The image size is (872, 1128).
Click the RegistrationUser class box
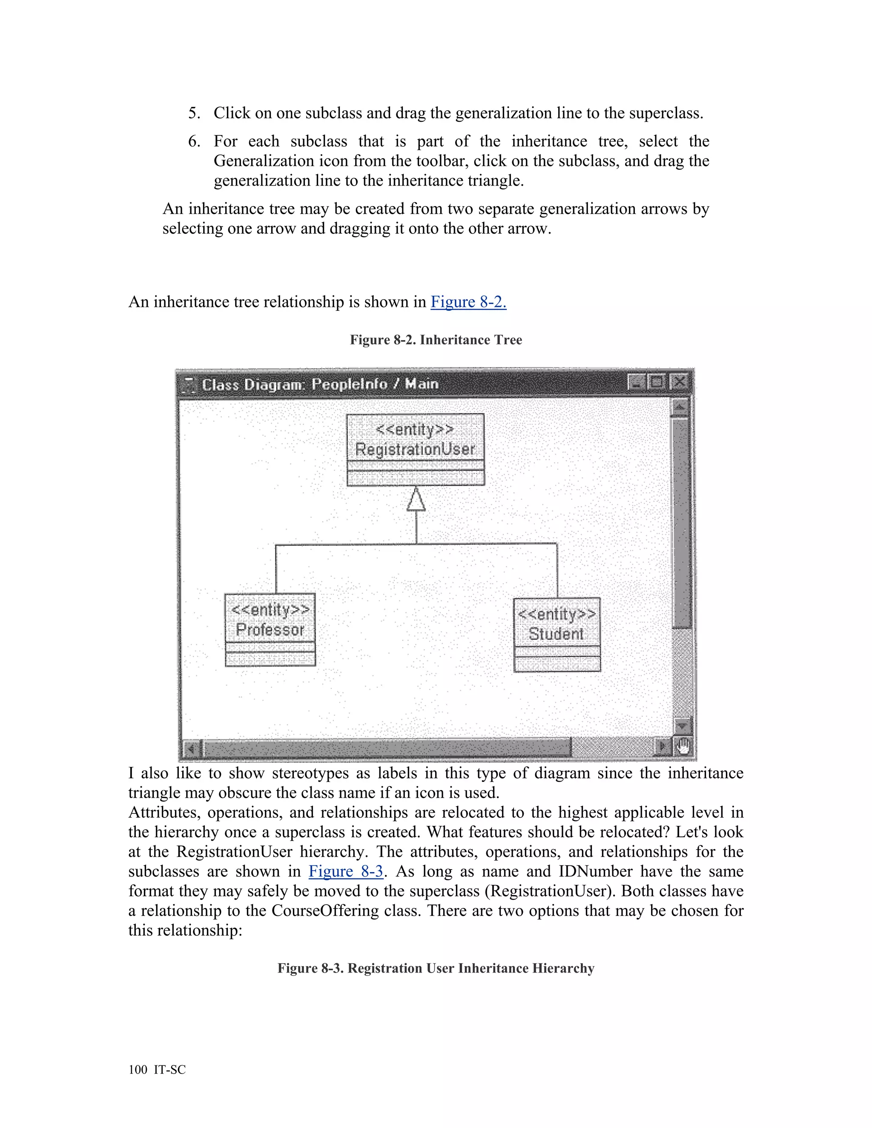415,449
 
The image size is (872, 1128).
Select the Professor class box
270,630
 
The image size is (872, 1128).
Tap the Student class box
557,634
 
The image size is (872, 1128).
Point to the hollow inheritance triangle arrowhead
416,500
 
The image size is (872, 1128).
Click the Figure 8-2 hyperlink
468,302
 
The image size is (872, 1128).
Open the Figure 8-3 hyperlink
346,871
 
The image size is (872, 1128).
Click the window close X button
679,382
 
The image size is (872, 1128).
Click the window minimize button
637,382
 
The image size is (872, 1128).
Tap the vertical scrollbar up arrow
680,407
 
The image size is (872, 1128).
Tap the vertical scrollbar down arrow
683,726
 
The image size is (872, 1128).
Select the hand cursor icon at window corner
683,746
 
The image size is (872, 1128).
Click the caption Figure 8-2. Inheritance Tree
436,340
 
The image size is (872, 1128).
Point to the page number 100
138,1070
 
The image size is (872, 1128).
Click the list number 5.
194,113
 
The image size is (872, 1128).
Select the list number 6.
194,141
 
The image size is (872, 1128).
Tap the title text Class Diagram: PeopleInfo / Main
320,384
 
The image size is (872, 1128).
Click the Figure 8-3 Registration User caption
436,968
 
